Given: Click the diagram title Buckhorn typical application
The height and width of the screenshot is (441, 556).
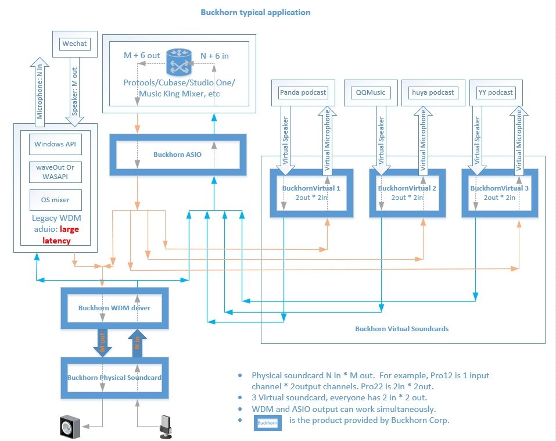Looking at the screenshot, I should (x=255, y=12).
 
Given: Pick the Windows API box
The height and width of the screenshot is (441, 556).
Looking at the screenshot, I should (x=55, y=144).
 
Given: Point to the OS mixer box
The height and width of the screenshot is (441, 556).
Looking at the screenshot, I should (x=55, y=200).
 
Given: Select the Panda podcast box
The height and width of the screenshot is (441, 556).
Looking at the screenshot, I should (x=303, y=92).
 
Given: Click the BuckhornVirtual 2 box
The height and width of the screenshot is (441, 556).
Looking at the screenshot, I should (x=407, y=193).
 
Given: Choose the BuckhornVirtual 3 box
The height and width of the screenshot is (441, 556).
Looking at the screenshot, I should (x=499, y=193).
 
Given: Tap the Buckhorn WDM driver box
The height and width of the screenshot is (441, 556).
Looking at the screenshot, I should (x=114, y=307).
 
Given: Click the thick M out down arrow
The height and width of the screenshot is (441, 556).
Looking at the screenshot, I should (x=102, y=342).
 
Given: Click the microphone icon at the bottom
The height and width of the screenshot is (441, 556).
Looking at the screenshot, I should (x=166, y=425).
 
